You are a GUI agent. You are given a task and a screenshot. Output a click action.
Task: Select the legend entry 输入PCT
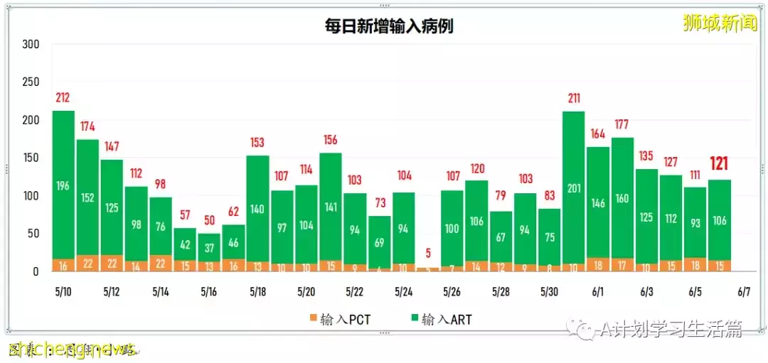pos(342,319)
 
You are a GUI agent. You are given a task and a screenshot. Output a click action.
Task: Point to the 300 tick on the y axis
pos(31,44)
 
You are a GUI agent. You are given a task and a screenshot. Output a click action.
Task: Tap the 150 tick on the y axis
pos(31,158)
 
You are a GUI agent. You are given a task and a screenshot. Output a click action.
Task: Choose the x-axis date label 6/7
pos(744,292)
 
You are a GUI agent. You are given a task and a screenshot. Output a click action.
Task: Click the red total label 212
pos(63,97)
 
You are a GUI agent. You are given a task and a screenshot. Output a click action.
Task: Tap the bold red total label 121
pos(719,165)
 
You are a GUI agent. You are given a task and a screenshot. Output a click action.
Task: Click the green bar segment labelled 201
pos(573,188)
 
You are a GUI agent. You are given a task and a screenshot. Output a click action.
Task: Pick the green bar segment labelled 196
pos(63,186)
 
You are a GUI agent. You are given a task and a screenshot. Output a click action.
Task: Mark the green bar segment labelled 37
pos(208,248)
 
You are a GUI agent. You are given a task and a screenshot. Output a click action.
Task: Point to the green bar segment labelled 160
pos(622,198)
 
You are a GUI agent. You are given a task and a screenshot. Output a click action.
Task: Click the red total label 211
pos(573,98)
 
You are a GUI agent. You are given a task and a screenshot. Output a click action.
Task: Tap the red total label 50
pos(208,220)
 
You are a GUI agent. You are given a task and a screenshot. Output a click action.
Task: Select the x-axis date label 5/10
pos(63,292)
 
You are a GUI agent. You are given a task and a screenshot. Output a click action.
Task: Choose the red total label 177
pos(622,124)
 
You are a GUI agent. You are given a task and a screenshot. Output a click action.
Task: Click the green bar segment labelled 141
pos(330,207)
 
